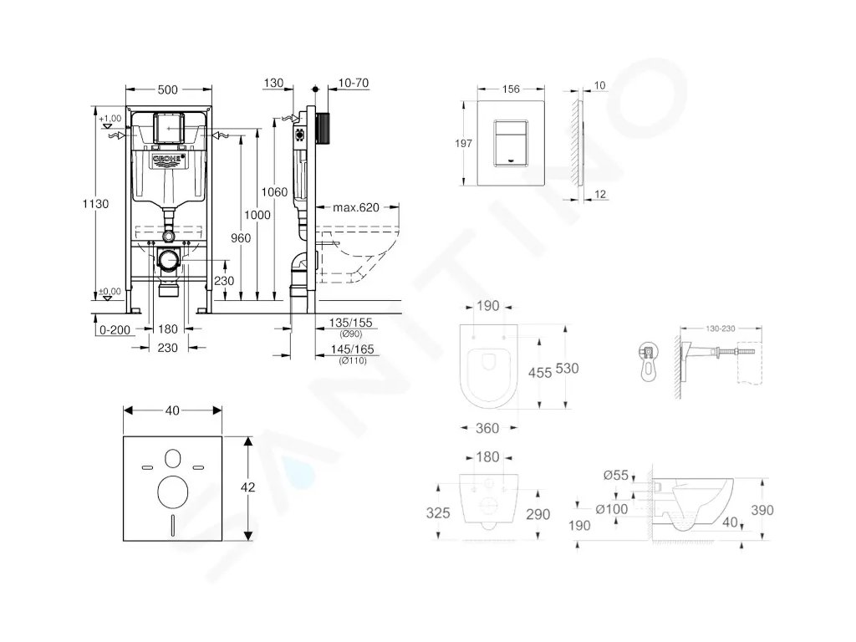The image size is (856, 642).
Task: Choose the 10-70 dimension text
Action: pos(355,83)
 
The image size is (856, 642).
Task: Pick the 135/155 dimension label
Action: pos(351,322)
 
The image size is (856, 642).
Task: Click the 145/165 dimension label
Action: pos(351,349)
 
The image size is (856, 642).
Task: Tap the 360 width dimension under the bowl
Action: pos(487,428)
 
